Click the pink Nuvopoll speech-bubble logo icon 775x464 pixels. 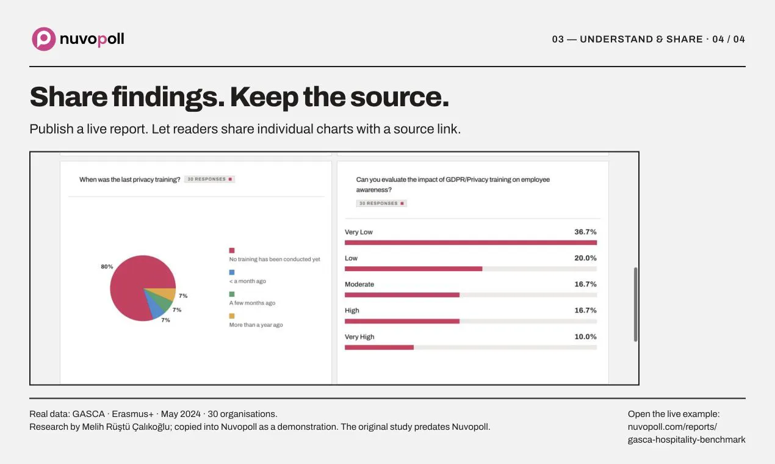click(x=43, y=39)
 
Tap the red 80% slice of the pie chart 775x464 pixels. click(x=131, y=284)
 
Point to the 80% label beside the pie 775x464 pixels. click(x=107, y=266)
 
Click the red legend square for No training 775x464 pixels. click(x=232, y=250)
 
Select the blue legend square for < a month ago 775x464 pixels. click(x=232, y=272)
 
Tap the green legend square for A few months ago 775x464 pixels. click(x=232, y=294)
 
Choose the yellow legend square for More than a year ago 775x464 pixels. click(x=232, y=316)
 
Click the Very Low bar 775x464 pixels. click(x=470, y=242)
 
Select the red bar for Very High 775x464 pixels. click(x=379, y=347)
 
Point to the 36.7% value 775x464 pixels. click(x=585, y=231)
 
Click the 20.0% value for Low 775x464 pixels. click(x=585, y=258)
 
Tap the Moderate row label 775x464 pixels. click(x=359, y=285)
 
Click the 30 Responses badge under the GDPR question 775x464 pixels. click(x=381, y=203)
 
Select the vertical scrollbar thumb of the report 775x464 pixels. click(x=636, y=305)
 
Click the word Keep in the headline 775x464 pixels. click(x=264, y=97)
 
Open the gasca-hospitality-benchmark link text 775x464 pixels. click(x=687, y=440)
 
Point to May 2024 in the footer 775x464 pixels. click(x=181, y=414)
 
